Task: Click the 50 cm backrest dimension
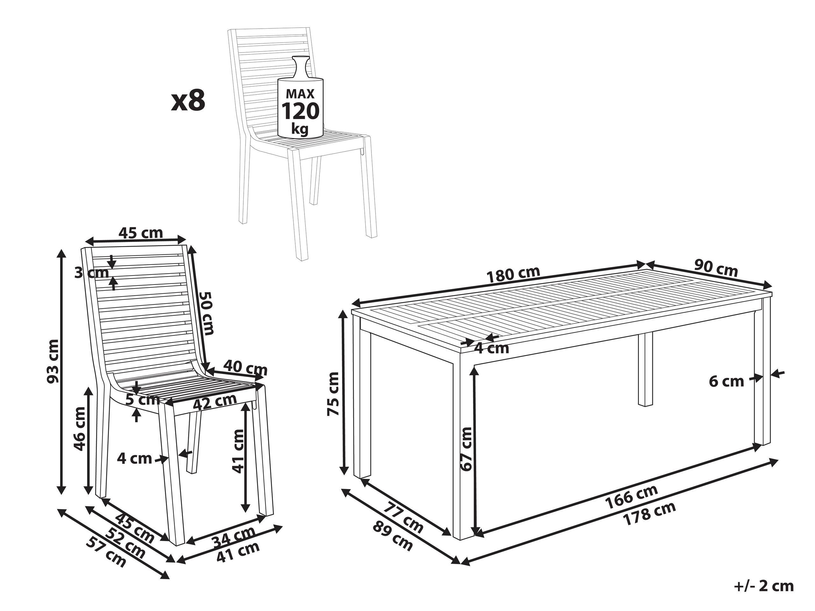206,313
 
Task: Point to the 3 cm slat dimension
92,273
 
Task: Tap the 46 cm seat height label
80,429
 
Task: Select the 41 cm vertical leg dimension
238,451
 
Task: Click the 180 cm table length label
513,274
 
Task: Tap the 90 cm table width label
716,268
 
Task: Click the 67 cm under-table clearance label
467,449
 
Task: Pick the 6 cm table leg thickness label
726,381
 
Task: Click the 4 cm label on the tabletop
492,348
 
